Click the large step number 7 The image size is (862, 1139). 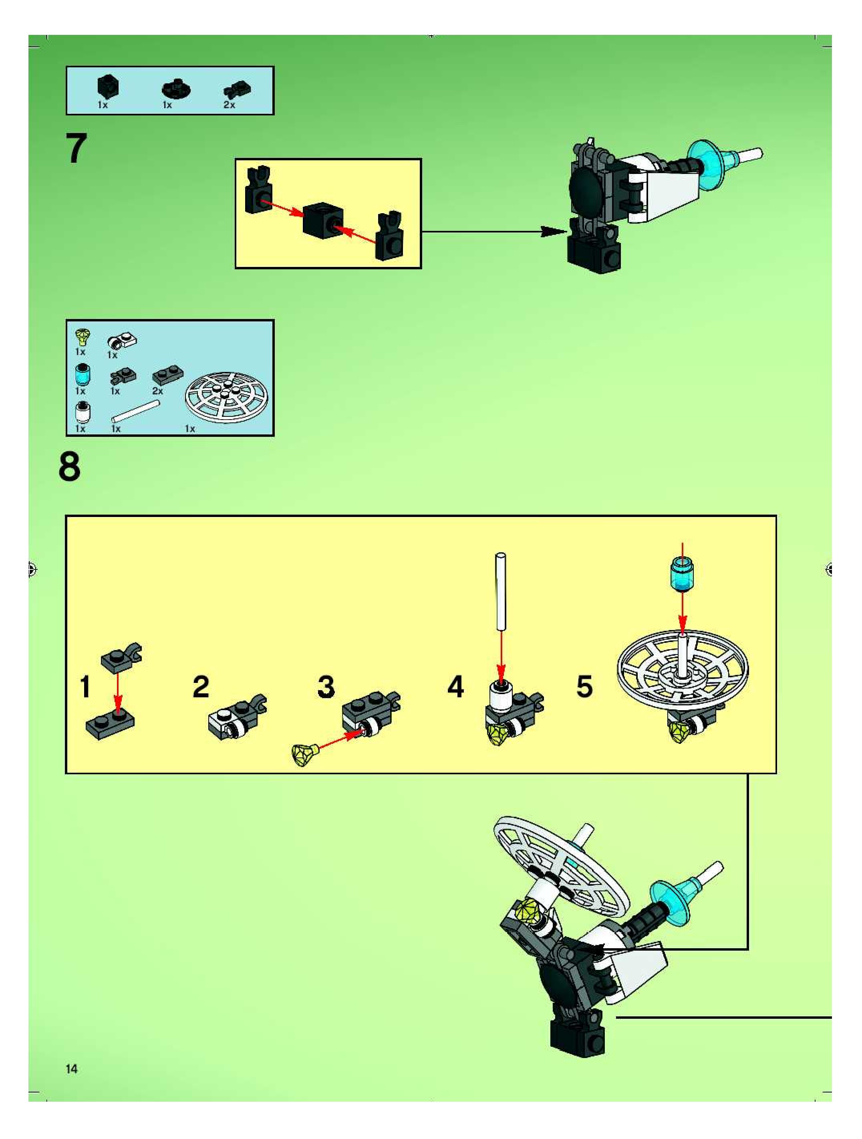(76, 149)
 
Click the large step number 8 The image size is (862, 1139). (70, 467)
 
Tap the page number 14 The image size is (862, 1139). (72, 1069)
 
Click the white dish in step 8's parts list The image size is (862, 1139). (228, 401)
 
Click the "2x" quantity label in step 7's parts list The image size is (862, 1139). (230, 105)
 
